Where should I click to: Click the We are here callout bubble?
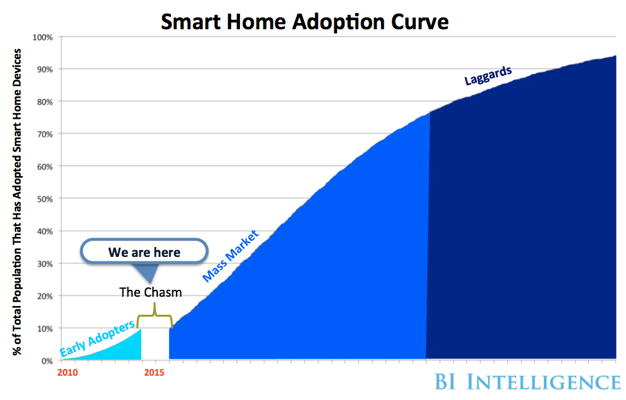point(144,252)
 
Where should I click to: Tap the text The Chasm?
point(150,292)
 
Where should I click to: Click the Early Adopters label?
point(97,340)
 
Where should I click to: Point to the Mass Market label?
point(230,256)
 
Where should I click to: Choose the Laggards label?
point(488,75)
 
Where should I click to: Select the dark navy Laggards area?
point(528,218)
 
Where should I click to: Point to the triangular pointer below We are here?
point(146,272)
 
